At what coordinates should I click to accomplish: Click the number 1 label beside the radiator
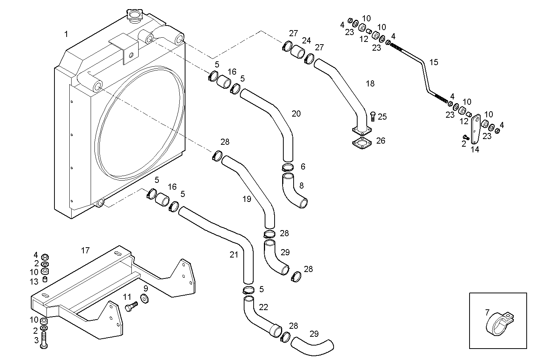pos(66,34)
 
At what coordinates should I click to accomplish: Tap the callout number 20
pos(296,114)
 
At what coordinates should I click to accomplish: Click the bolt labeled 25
pos(372,116)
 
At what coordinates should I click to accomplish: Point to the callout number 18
pos(370,83)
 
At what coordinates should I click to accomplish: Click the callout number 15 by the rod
pos(434,62)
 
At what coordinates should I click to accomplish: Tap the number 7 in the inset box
pos(487,312)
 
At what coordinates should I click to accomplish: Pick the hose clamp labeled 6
pos(288,167)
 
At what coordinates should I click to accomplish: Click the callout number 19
pos(246,198)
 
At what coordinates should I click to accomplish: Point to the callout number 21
pos(233,255)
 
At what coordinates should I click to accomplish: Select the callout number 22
pos(264,307)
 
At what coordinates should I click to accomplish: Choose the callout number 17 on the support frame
pos(85,250)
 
